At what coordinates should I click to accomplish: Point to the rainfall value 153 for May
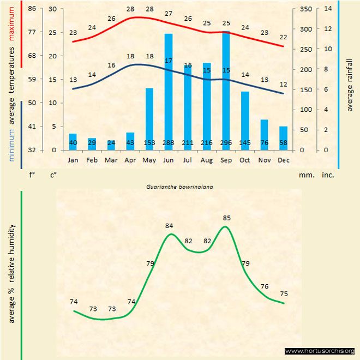pyautogui.click(x=149, y=143)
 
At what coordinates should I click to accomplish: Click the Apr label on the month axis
pyautogui.click(x=130, y=160)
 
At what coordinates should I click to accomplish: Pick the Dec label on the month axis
pyautogui.click(x=283, y=160)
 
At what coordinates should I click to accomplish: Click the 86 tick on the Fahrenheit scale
pyautogui.click(x=32, y=9)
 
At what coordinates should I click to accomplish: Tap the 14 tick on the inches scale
pyautogui.click(x=328, y=9)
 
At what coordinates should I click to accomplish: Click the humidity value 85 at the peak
pyautogui.click(x=227, y=218)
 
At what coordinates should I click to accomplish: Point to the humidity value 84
pyautogui.click(x=169, y=225)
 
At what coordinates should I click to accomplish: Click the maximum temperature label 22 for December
pyautogui.click(x=283, y=37)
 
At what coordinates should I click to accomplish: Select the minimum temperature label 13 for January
pyautogui.click(x=73, y=80)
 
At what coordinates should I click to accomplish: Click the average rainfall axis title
pyautogui.click(x=350, y=82)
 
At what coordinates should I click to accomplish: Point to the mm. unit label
pyautogui.click(x=306, y=176)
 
